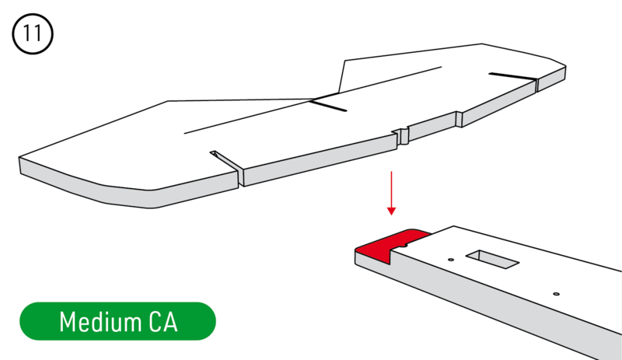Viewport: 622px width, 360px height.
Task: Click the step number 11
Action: click(x=33, y=33)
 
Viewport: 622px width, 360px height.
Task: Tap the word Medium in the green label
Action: click(x=100, y=321)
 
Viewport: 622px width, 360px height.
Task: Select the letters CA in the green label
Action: click(x=163, y=321)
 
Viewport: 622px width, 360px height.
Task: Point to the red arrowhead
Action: click(x=392, y=211)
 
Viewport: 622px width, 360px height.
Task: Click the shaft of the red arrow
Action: click(x=392, y=189)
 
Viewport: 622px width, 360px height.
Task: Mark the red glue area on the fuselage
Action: click(x=392, y=244)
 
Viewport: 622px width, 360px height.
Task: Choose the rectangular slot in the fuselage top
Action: click(x=492, y=259)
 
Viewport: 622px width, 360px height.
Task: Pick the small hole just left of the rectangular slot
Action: click(x=451, y=260)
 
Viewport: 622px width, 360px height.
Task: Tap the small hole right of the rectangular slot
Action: click(x=556, y=294)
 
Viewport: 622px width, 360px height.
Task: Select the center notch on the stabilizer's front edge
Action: click(x=402, y=136)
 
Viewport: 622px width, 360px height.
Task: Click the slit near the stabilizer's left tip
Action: click(x=226, y=162)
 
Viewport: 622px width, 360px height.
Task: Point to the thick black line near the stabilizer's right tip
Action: click(x=512, y=76)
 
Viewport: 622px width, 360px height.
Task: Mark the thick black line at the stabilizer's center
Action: click(x=328, y=105)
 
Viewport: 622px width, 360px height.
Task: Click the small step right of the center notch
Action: click(x=459, y=119)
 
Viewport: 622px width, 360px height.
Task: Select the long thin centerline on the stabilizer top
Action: click(x=313, y=100)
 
